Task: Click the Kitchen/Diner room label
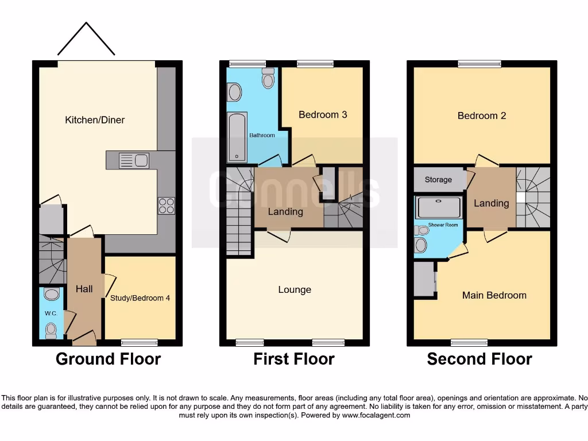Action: (95, 120)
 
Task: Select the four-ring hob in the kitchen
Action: (167, 206)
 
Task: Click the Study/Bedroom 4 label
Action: (140, 298)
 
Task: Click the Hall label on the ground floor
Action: (84, 289)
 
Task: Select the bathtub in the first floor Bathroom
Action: (237, 137)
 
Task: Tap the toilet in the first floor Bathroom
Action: (268, 79)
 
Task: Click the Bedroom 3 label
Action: (323, 114)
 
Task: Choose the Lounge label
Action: (295, 289)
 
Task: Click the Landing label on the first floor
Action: (285, 211)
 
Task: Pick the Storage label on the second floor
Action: (438, 180)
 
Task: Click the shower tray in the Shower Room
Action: (439, 208)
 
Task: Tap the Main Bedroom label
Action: (494, 295)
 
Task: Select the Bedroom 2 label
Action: (482, 115)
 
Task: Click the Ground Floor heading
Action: (108, 359)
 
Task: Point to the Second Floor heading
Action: (479, 359)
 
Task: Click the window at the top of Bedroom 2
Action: (479, 64)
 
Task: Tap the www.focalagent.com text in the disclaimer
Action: (376, 415)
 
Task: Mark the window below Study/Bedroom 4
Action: (140, 343)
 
